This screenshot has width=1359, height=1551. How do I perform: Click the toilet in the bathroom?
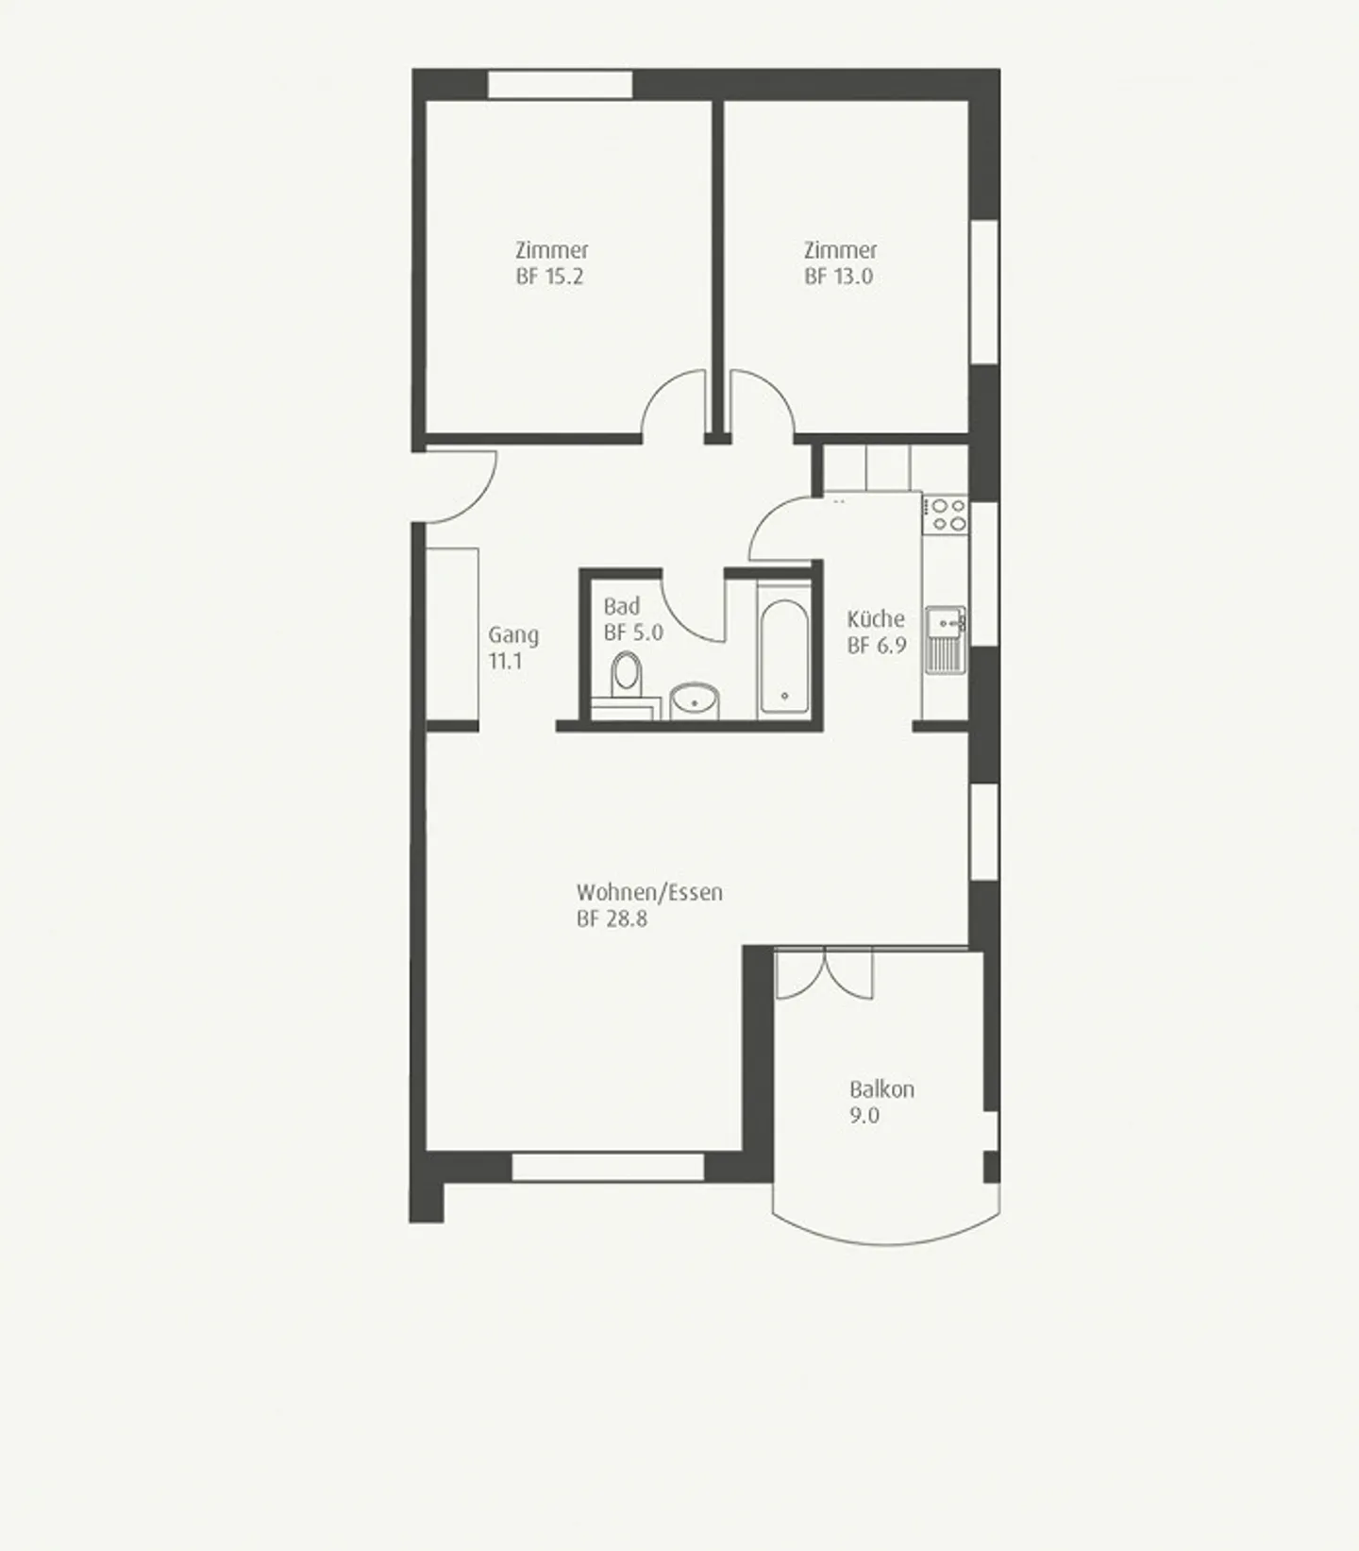tap(626, 676)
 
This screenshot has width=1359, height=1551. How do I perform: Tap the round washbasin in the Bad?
tap(695, 701)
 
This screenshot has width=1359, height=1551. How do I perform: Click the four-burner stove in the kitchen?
tap(946, 514)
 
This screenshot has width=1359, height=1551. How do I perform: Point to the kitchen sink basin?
tap(945, 622)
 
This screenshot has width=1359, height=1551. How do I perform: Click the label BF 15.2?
tap(549, 277)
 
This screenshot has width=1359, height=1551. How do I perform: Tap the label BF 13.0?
tap(838, 277)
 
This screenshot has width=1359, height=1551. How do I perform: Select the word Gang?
tap(513, 635)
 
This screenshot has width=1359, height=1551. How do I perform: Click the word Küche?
tap(876, 619)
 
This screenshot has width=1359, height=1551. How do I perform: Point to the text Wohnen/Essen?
tap(649, 892)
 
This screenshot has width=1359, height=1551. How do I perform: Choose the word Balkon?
tap(881, 1089)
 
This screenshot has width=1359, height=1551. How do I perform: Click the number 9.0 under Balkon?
tap(864, 1116)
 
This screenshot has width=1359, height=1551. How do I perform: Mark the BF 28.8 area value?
tap(612, 919)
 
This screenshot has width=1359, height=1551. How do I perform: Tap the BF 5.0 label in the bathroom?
tap(633, 632)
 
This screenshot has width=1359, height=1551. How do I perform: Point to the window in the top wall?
tap(560, 84)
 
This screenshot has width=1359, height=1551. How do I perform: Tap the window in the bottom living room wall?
tap(608, 1167)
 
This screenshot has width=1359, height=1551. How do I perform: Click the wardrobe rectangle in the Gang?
tap(452, 633)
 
